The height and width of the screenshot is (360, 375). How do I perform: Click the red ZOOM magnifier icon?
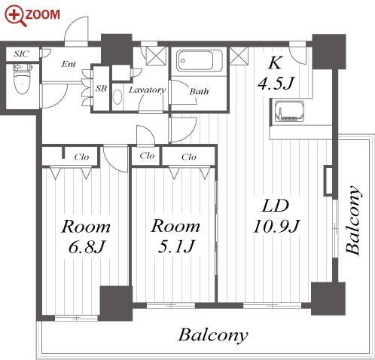(x=15, y=17)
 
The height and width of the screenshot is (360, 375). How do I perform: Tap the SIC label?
(x=21, y=53)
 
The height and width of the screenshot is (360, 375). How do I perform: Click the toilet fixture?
(x=22, y=79)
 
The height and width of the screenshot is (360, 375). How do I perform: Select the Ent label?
(x=69, y=64)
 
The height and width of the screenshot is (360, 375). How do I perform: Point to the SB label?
(x=101, y=88)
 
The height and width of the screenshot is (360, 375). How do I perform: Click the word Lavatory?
(x=147, y=90)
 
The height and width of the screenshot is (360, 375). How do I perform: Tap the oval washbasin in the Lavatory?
(x=117, y=96)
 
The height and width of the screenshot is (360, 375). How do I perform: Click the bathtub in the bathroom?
(x=200, y=61)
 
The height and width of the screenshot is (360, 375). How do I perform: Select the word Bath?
(x=199, y=91)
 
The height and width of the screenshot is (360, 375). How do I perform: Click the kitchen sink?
(x=289, y=111)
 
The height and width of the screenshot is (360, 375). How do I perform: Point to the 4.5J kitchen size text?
(x=276, y=84)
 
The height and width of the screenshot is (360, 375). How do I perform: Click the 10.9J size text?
(x=276, y=226)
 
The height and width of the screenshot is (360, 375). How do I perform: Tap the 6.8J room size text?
(x=86, y=246)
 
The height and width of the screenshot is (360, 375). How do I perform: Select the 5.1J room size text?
(x=176, y=246)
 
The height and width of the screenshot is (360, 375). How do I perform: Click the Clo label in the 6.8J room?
(x=81, y=157)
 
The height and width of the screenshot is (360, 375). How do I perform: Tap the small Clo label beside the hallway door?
(x=147, y=156)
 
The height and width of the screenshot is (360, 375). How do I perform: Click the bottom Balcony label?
(x=213, y=335)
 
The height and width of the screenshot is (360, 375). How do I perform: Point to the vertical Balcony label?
(x=354, y=220)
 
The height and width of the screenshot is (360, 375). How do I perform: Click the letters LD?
(x=275, y=206)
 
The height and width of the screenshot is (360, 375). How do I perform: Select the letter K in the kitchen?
(x=276, y=63)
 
